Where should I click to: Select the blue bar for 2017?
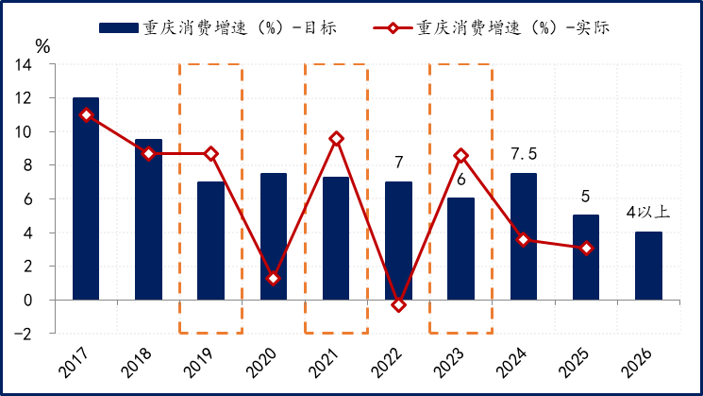[x=86, y=198]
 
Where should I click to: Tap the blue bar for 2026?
[x=649, y=266]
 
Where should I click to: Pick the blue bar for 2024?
[x=524, y=236]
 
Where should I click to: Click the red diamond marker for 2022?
[x=399, y=304]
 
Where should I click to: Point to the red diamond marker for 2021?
[x=336, y=139]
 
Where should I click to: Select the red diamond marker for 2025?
[x=587, y=249]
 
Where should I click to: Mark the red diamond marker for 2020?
[x=274, y=279]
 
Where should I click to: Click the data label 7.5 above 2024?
[x=524, y=154]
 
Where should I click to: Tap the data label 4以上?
[x=649, y=213]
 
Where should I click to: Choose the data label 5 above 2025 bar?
[x=586, y=197]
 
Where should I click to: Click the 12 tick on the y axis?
[x=23, y=98]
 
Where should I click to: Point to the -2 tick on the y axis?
[x=20, y=334]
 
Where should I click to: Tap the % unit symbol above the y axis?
[x=42, y=45]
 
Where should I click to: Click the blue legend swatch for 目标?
[x=118, y=27]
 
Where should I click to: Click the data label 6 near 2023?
[x=461, y=181]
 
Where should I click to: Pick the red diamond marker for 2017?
[x=86, y=115]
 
